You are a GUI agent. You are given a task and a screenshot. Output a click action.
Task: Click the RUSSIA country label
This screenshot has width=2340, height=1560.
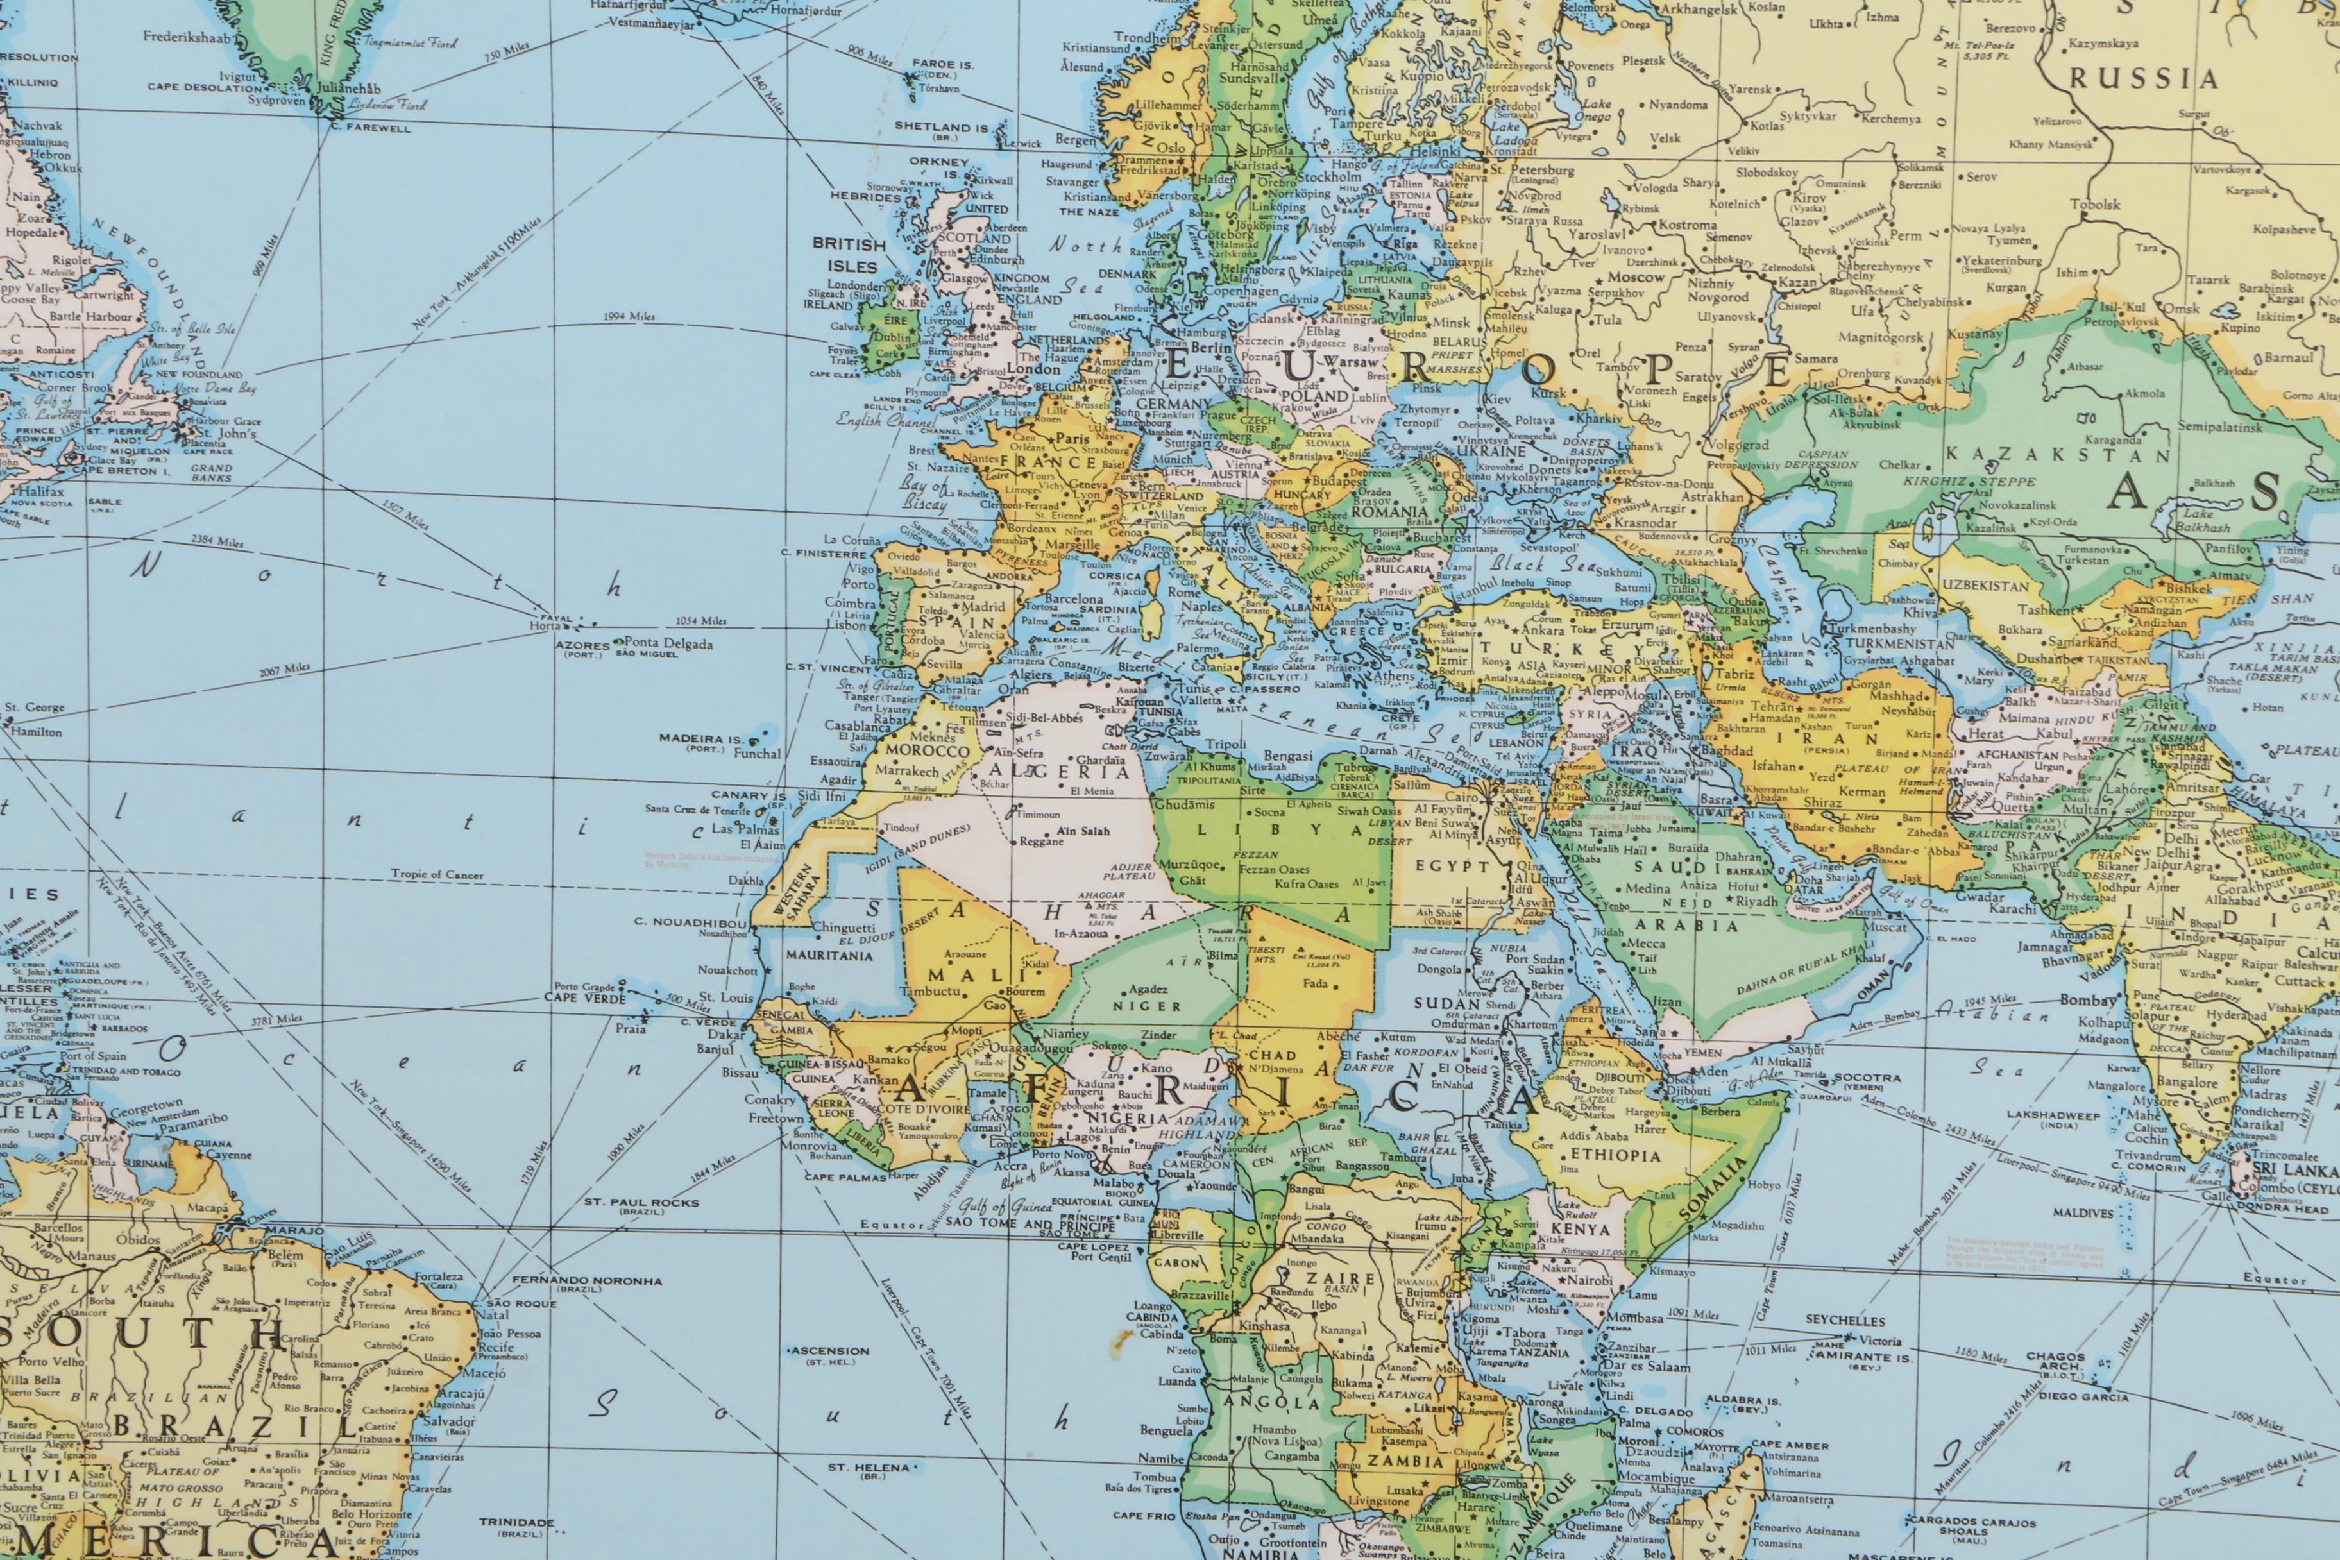pos(2144,79)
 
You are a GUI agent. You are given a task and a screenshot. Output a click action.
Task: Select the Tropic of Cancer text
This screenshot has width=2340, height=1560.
pos(437,876)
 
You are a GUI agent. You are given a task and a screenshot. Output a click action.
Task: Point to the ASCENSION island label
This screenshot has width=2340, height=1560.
pos(830,1351)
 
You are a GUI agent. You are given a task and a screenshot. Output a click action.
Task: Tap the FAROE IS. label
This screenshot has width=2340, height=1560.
pos(941,64)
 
